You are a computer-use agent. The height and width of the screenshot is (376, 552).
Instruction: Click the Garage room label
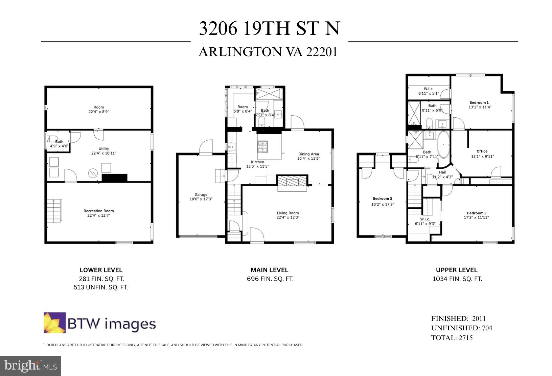click(201, 194)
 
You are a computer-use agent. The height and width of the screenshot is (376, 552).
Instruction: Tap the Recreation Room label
click(99, 211)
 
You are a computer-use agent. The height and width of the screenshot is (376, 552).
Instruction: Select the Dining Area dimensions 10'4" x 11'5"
click(308, 158)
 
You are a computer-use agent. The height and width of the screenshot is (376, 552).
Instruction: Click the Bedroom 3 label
click(382, 198)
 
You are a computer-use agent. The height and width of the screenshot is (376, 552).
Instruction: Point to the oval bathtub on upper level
click(443, 145)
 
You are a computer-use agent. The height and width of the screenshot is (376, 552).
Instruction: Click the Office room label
click(482, 151)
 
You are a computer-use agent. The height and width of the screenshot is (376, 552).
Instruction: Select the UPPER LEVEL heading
click(457, 270)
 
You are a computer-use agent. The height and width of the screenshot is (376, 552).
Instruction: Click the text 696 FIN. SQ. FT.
click(270, 279)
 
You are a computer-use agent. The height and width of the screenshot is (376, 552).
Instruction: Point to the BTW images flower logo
click(54, 323)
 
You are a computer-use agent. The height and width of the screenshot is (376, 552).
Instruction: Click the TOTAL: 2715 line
click(452, 338)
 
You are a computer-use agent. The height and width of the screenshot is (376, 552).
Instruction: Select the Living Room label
click(288, 213)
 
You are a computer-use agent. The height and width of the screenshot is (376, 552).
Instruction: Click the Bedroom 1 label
click(479, 102)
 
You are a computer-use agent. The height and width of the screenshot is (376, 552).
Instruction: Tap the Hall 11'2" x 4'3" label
click(442, 174)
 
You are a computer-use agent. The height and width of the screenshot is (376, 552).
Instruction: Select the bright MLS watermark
click(30, 366)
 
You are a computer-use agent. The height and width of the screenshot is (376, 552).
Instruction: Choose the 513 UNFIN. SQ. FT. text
click(101, 287)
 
